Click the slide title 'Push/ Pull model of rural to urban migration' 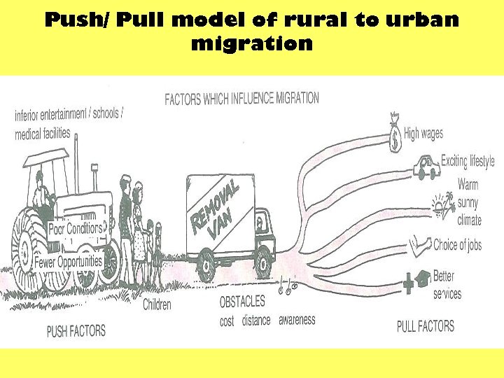tap(252, 31)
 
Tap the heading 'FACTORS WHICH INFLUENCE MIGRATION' tap(241, 99)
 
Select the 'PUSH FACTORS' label tap(76, 330)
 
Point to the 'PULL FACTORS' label tap(426, 325)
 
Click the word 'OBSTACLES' tap(242, 302)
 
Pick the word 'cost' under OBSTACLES tap(227, 322)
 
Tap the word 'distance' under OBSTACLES tap(255, 321)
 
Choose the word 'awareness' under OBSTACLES tap(297, 320)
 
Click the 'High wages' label tap(423, 134)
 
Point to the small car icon tap(426, 168)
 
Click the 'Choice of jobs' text tap(457, 245)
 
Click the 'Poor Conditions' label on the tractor tap(75, 228)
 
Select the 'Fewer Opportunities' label tap(69, 262)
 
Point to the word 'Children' tap(157, 304)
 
